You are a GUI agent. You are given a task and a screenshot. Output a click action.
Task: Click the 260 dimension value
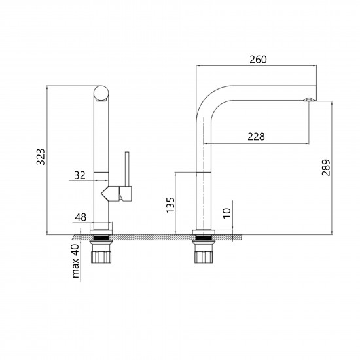(x=258, y=60)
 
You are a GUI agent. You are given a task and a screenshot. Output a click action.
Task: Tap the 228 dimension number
(x=256, y=137)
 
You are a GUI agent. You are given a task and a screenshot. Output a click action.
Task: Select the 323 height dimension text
(x=41, y=157)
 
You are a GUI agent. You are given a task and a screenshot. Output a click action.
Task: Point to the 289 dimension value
(x=326, y=168)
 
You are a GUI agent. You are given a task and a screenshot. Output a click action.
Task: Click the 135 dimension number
(x=171, y=206)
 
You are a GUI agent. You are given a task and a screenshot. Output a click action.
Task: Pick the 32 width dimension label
(x=80, y=175)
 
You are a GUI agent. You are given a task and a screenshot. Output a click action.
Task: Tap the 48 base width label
(x=81, y=217)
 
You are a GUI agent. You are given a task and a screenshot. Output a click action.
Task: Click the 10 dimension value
(x=227, y=213)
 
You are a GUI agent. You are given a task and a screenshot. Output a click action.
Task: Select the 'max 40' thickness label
(x=75, y=261)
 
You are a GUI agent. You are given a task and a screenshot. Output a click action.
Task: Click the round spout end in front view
(x=101, y=93)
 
